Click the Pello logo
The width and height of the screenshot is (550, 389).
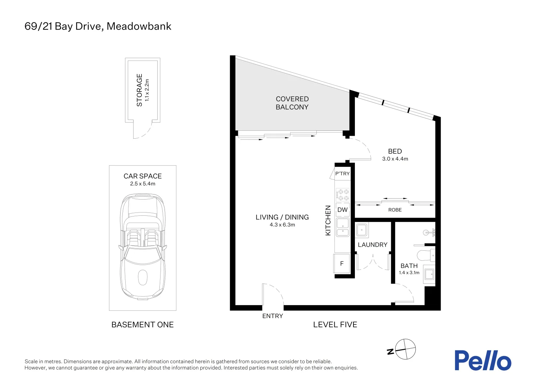pos(482,361)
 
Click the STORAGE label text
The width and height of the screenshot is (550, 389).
pos(139,90)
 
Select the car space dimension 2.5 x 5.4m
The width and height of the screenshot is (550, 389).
pos(143,184)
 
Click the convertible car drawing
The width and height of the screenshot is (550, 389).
pos(143,245)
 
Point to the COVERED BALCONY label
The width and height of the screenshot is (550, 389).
pos(292,103)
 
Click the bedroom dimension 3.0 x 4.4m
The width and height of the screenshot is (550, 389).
pos(395,159)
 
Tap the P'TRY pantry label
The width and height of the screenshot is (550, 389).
pos(342,174)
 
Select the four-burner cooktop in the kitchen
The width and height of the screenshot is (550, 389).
pos(343,195)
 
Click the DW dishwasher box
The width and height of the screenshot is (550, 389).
pos(342,210)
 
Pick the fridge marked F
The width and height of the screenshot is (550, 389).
pos(342,264)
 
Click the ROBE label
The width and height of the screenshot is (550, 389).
pos(395,210)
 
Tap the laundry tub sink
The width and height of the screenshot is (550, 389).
pos(362,230)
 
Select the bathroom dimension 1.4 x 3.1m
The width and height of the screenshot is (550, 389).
pos(409,273)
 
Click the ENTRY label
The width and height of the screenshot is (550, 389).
pos(272,316)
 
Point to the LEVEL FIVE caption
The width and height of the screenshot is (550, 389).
pos(335,325)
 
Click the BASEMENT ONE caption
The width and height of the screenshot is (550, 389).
pos(143,325)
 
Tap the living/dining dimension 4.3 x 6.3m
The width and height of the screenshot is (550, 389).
pos(282,225)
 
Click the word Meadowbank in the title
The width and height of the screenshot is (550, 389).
pos(139,26)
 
